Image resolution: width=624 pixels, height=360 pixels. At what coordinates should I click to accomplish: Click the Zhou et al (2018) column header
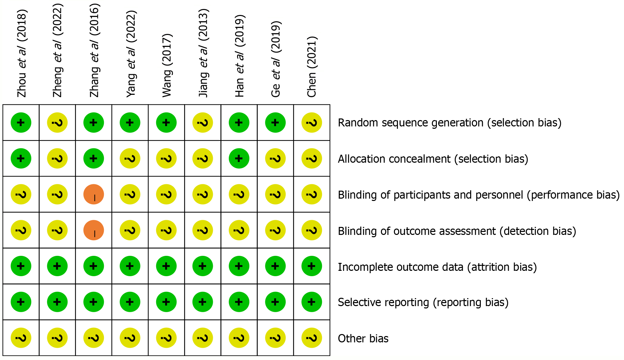22,53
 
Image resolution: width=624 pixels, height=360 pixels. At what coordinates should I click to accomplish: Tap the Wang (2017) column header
167,65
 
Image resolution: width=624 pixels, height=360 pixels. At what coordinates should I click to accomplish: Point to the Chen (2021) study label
312,67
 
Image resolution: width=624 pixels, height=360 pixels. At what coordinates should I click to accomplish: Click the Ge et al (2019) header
276,59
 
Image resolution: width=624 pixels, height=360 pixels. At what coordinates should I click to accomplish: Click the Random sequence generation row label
450,123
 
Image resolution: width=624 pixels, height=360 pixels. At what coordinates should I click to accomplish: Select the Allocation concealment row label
433,159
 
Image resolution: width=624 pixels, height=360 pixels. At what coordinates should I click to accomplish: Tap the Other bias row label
363,339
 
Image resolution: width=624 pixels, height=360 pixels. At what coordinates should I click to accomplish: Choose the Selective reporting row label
423,302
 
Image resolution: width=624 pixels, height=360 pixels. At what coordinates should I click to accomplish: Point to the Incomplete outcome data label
437,267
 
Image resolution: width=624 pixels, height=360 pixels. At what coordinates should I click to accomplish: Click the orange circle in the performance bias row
94,194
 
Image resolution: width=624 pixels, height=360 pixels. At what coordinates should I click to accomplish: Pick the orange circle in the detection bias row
94,230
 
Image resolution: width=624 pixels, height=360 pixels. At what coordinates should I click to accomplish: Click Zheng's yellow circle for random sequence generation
57,123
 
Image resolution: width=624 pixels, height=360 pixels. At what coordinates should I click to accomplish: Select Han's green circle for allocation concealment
239,158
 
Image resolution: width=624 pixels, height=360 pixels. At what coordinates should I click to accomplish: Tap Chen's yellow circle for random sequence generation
312,123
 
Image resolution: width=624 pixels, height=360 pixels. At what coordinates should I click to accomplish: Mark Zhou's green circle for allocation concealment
21,158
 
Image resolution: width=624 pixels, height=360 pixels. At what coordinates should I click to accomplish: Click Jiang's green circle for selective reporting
202,302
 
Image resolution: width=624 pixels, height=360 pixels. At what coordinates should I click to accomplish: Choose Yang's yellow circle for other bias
130,338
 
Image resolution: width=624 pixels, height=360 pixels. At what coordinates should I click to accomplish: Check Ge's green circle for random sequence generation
275,123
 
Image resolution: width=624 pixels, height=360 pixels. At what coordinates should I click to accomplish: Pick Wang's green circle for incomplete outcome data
166,266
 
